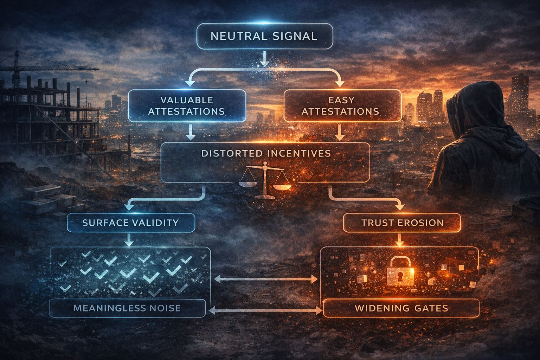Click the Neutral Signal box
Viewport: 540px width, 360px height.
[264, 36]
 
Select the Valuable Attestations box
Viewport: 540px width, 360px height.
[187, 106]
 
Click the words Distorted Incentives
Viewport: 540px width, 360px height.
[266, 153]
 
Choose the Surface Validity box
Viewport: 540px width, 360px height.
[130, 223]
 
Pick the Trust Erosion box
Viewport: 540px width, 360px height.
[401, 223]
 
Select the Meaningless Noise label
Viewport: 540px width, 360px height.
[127, 308]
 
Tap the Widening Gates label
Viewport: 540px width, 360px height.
[401, 308]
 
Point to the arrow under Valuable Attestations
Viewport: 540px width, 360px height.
[190, 132]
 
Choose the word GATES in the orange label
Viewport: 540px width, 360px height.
[430, 308]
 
